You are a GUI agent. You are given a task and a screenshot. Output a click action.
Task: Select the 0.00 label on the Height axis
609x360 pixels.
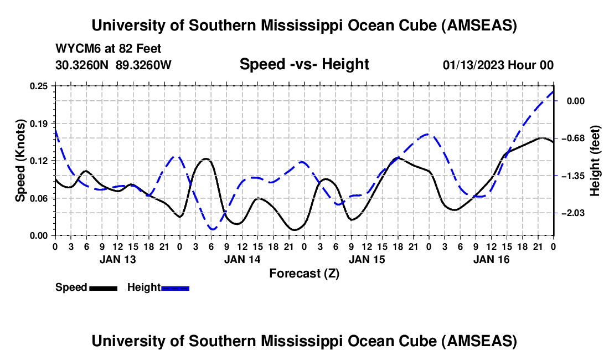(576, 101)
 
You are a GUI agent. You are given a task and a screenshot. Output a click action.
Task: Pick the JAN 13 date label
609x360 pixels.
(117, 259)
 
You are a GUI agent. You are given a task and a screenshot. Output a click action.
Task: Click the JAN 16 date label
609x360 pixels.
(491, 259)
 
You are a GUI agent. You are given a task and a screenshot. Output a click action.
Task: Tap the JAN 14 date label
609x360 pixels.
(242, 259)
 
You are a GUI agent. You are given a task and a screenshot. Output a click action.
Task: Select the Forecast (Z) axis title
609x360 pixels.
(304, 273)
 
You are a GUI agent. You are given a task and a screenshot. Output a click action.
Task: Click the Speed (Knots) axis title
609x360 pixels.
(20, 161)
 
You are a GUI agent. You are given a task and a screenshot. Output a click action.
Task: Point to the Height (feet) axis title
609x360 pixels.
(596, 161)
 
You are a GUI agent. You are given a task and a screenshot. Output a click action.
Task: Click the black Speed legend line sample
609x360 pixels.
(103, 288)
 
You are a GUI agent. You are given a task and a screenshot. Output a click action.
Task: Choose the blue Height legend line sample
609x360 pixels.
(175, 288)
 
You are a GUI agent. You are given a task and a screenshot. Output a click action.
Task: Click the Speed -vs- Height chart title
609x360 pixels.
(304, 64)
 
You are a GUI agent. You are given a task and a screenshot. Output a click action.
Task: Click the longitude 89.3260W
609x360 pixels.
(143, 65)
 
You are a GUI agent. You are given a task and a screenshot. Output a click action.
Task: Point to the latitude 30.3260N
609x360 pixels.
(82, 65)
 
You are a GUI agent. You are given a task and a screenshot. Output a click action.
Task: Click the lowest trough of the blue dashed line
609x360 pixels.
(213, 229)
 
